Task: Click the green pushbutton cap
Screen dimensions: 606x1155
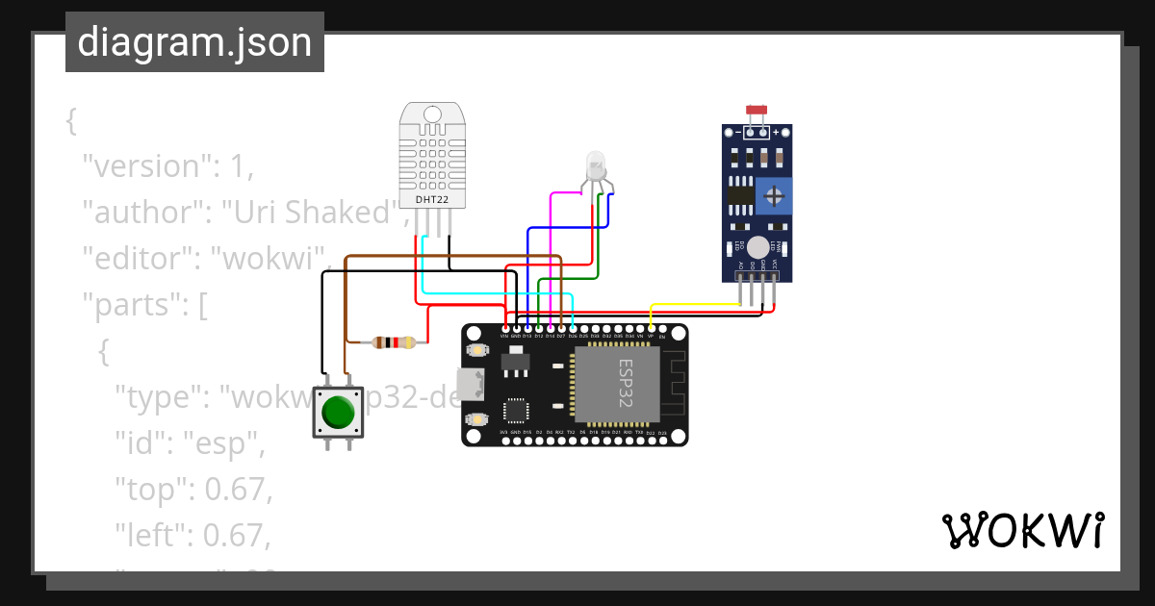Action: coord(338,412)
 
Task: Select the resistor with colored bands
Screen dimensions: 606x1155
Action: coord(394,341)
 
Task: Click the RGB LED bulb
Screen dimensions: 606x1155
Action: coord(596,164)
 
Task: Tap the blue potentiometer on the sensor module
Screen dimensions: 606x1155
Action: coord(773,196)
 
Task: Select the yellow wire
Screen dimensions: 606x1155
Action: coord(693,305)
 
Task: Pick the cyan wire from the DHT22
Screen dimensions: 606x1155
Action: coord(500,292)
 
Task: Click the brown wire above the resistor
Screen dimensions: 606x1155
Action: coord(452,257)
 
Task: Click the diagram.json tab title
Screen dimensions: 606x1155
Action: coord(194,42)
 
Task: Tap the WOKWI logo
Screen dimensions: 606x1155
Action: coord(1022,531)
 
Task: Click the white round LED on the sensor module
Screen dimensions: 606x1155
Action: coord(758,247)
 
